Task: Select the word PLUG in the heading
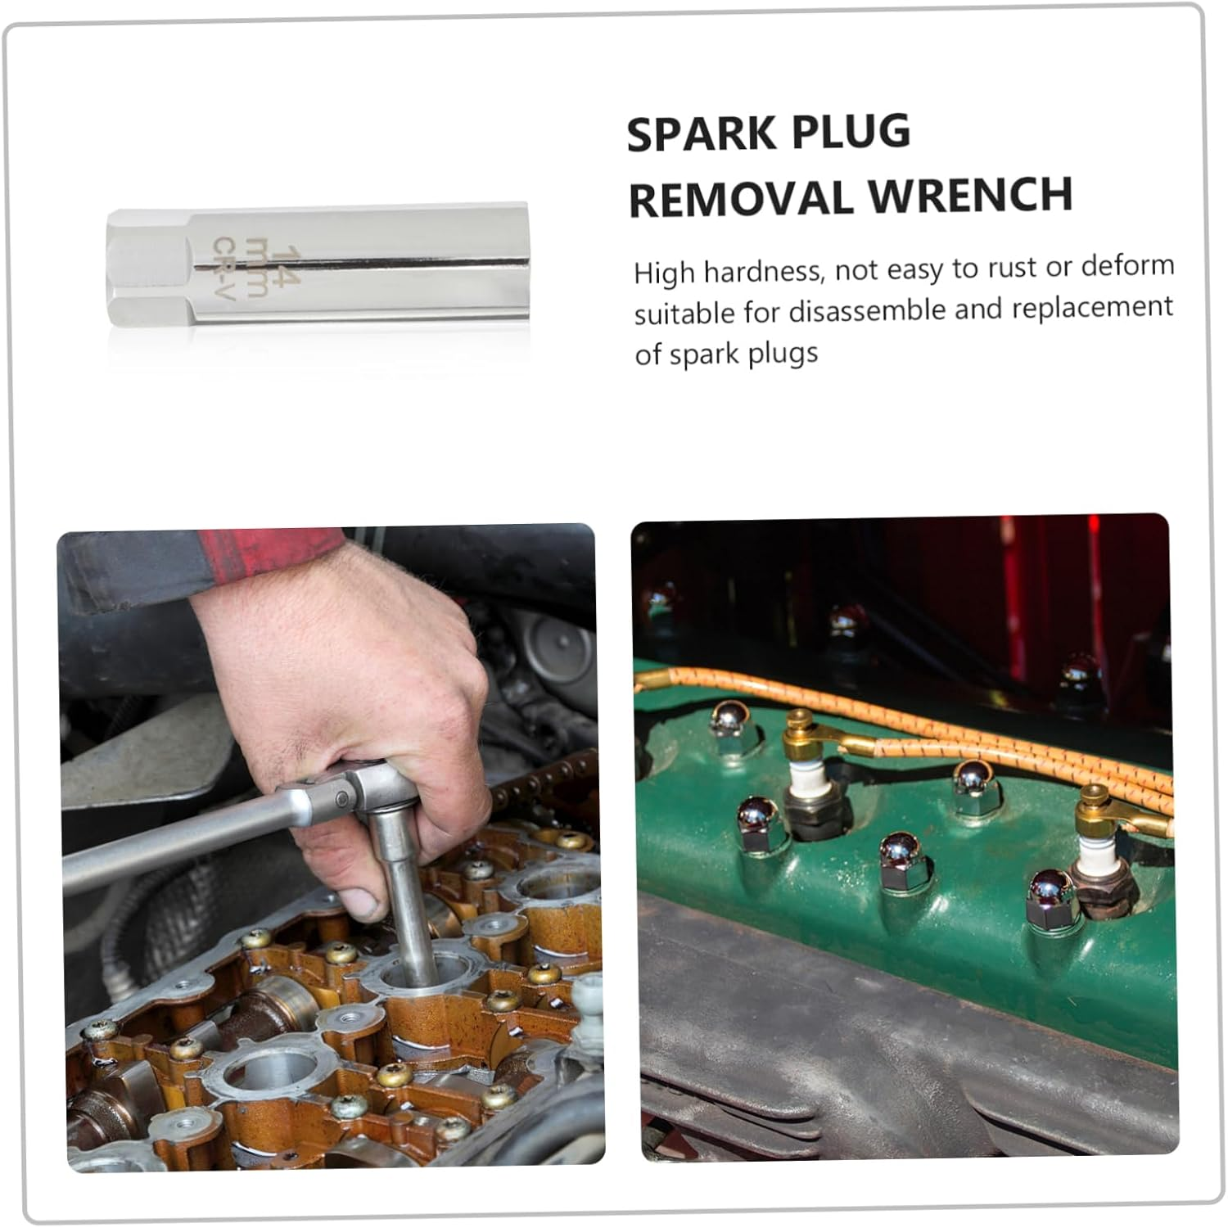859,132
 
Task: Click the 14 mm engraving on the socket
268,262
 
